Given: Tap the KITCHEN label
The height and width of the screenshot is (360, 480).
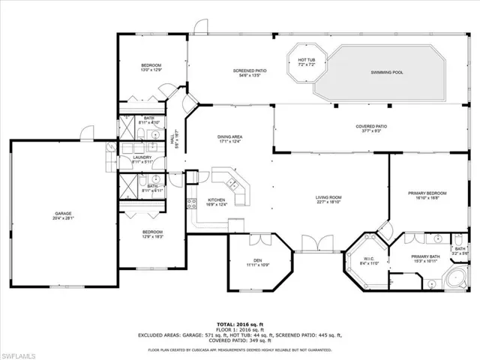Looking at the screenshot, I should [x=217, y=201].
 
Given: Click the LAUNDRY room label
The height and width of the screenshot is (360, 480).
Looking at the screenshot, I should [x=142, y=158].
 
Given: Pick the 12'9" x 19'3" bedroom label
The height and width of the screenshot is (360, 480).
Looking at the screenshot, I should [x=153, y=234].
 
